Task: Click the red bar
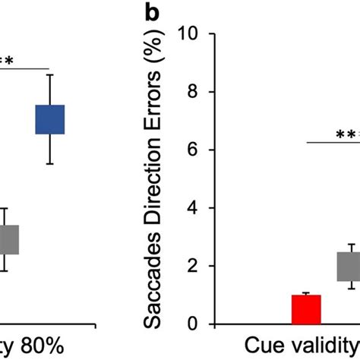pyautogui.click(x=307, y=309)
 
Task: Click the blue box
pyautogui.click(x=49, y=119)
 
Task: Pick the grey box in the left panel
pyautogui.click(x=8, y=239)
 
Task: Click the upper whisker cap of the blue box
pyautogui.click(x=49, y=74)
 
